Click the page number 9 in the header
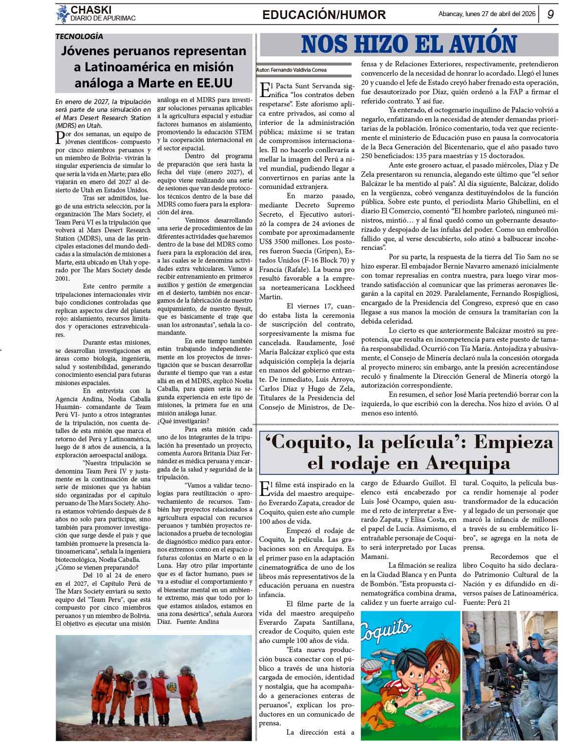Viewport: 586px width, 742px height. [550, 15]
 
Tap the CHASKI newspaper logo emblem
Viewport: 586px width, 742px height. [62, 14]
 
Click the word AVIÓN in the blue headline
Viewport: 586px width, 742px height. [479, 44]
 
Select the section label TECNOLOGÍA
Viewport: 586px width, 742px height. [79, 36]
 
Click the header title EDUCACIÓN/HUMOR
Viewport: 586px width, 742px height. [324, 15]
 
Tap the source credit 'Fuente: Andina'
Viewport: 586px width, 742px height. [197, 621]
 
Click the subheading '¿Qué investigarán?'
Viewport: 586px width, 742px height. [183, 421]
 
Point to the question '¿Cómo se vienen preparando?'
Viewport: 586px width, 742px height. [97, 567]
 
